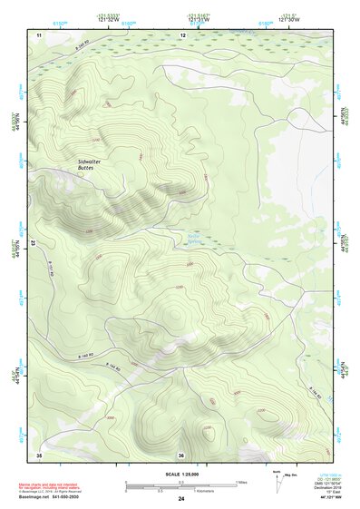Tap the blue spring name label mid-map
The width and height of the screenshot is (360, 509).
coord(194,240)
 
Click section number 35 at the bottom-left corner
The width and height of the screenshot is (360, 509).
coord(39,455)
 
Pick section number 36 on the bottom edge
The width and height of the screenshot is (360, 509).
coord(181,455)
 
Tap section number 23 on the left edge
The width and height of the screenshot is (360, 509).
coord(32,243)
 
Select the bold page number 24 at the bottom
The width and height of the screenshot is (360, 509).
coord(181,499)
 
